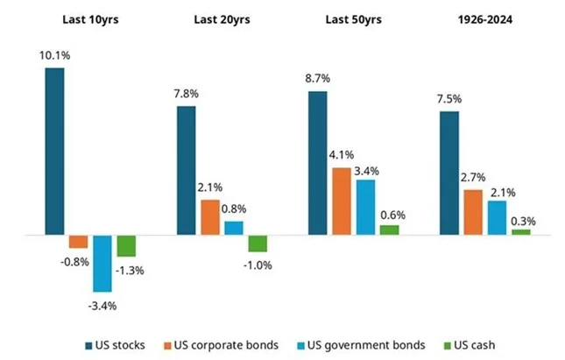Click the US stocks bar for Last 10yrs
54,152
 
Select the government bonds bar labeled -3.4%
102,263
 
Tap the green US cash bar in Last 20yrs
258,244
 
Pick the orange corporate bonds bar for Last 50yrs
342,201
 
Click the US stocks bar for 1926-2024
449,173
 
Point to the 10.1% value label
54,56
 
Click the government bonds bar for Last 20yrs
234,228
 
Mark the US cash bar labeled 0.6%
389,229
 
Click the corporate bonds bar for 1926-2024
473,212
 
